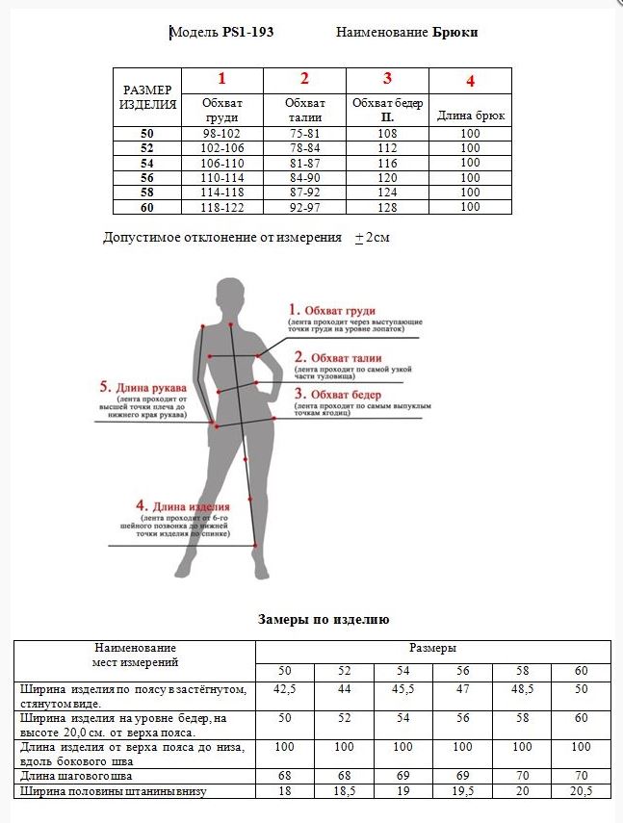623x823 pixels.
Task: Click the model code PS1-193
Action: pyautogui.click(x=247, y=33)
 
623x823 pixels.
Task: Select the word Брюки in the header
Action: pyautogui.click(x=455, y=33)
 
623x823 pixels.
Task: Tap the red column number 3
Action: pyautogui.click(x=387, y=79)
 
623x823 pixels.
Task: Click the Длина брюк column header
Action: pyautogui.click(x=470, y=116)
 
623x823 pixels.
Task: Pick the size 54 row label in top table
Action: pyautogui.click(x=146, y=164)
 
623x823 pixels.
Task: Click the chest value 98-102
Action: pyautogui.click(x=221, y=134)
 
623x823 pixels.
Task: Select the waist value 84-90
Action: pyautogui.click(x=304, y=178)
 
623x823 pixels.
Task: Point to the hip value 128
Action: pyautogui.click(x=387, y=207)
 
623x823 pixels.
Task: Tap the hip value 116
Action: pyautogui.click(x=387, y=164)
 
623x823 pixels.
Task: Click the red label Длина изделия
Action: pyautogui.click(x=182, y=506)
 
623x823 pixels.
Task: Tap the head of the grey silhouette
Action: pyautogui.click(x=229, y=292)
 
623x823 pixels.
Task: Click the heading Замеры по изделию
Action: pyautogui.click(x=324, y=620)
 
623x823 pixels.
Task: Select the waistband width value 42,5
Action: pyautogui.click(x=284, y=690)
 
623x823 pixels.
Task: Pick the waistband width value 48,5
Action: pyautogui.click(x=521, y=690)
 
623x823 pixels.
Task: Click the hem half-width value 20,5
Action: pyautogui.click(x=581, y=790)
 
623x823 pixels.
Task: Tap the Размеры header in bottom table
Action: pyautogui.click(x=432, y=649)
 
